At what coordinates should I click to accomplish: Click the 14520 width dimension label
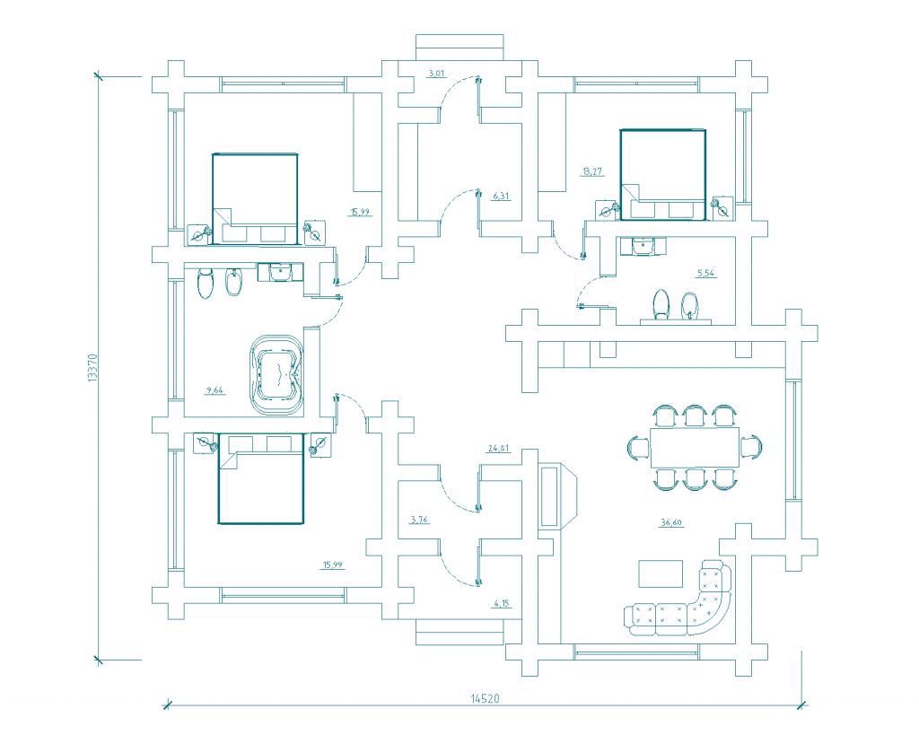(485, 698)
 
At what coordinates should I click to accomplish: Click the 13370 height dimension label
(92, 368)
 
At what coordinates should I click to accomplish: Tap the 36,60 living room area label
(671, 523)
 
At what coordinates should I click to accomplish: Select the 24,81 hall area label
(498, 449)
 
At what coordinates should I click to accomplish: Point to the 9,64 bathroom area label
(214, 389)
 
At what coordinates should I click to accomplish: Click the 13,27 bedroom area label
(592, 171)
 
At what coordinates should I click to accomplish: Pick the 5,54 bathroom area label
(706, 273)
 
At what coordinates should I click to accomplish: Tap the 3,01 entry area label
(437, 74)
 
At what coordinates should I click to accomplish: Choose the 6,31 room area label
(501, 197)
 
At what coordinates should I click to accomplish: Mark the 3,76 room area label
(420, 519)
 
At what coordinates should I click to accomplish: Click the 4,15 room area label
(503, 602)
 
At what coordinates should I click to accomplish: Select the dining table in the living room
(695, 447)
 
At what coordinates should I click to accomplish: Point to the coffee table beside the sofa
(661, 573)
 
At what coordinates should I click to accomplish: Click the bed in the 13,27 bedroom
(663, 175)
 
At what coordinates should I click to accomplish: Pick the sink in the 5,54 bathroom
(643, 246)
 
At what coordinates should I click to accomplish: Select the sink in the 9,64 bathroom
(281, 272)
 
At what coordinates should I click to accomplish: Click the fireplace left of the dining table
(557, 495)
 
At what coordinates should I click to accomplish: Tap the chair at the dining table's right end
(751, 447)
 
